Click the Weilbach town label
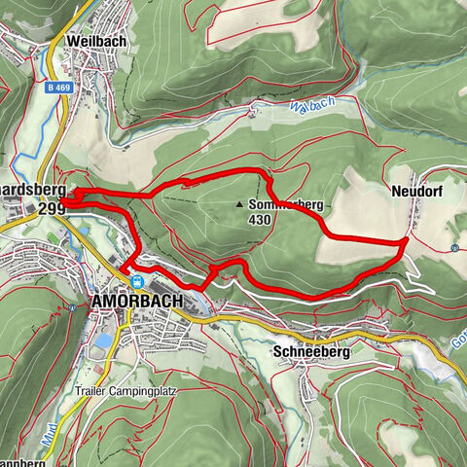pyautogui.click(x=95, y=42)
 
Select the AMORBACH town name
pyautogui.click(x=136, y=302)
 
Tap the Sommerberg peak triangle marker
pyautogui.click(x=239, y=204)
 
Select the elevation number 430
pyautogui.click(x=259, y=220)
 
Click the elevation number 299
pyautogui.click(x=52, y=208)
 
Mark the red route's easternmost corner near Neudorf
pyautogui.click(x=405, y=239)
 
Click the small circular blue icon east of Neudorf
pyautogui.click(x=454, y=248)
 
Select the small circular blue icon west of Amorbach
pyautogui.click(x=73, y=307)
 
